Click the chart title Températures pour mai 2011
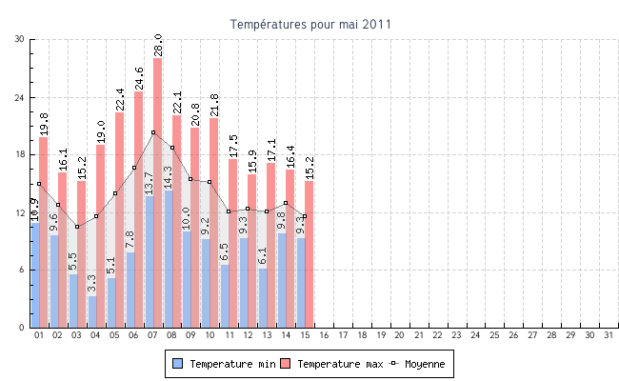(310, 23)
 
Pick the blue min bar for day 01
(35, 276)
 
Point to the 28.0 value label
(158, 45)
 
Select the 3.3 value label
(92, 283)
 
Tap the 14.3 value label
(169, 178)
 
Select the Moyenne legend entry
(416, 364)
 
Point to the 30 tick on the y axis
(19, 39)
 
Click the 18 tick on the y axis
(19, 154)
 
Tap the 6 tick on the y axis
(22, 270)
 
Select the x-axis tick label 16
(324, 335)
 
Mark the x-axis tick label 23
(457, 335)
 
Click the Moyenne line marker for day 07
(153, 132)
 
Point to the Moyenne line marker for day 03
(77, 227)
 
